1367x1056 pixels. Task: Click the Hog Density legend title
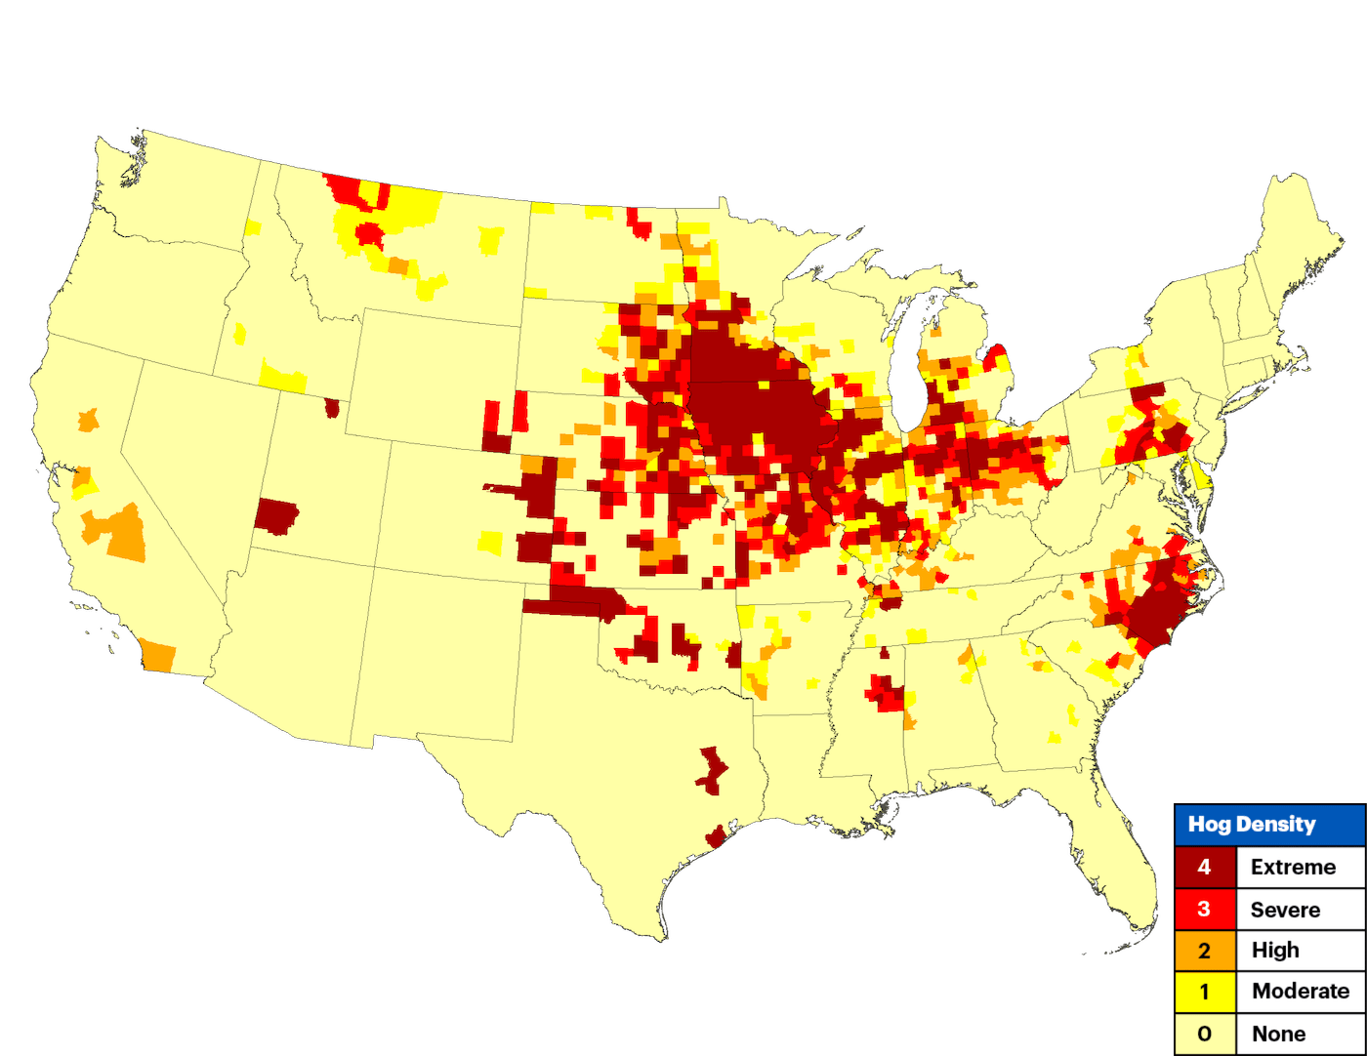[x=1251, y=825]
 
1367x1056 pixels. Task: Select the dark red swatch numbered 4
[x=1204, y=867]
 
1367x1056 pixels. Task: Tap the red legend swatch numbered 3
[x=1204, y=910]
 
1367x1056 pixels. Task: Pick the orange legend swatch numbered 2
[x=1204, y=951]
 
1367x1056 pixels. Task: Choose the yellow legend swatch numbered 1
[x=1204, y=992]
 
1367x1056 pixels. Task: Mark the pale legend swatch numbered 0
[x=1204, y=1034]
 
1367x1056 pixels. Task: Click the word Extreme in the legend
[x=1293, y=867]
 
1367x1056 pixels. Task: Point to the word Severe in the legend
[x=1285, y=910]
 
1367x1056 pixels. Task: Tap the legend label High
[x=1275, y=951]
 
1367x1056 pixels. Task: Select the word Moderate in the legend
[x=1301, y=992]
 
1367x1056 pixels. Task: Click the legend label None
[x=1278, y=1034]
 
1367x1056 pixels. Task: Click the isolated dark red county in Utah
[x=275, y=515]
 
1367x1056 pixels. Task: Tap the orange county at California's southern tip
[x=158, y=656]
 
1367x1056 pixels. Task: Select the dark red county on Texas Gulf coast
[x=716, y=837]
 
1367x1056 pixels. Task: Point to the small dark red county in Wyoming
[x=333, y=407]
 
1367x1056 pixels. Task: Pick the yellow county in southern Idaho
[x=283, y=378]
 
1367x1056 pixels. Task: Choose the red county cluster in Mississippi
[x=888, y=694]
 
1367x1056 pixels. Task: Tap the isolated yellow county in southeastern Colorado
[x=491, y=542]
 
